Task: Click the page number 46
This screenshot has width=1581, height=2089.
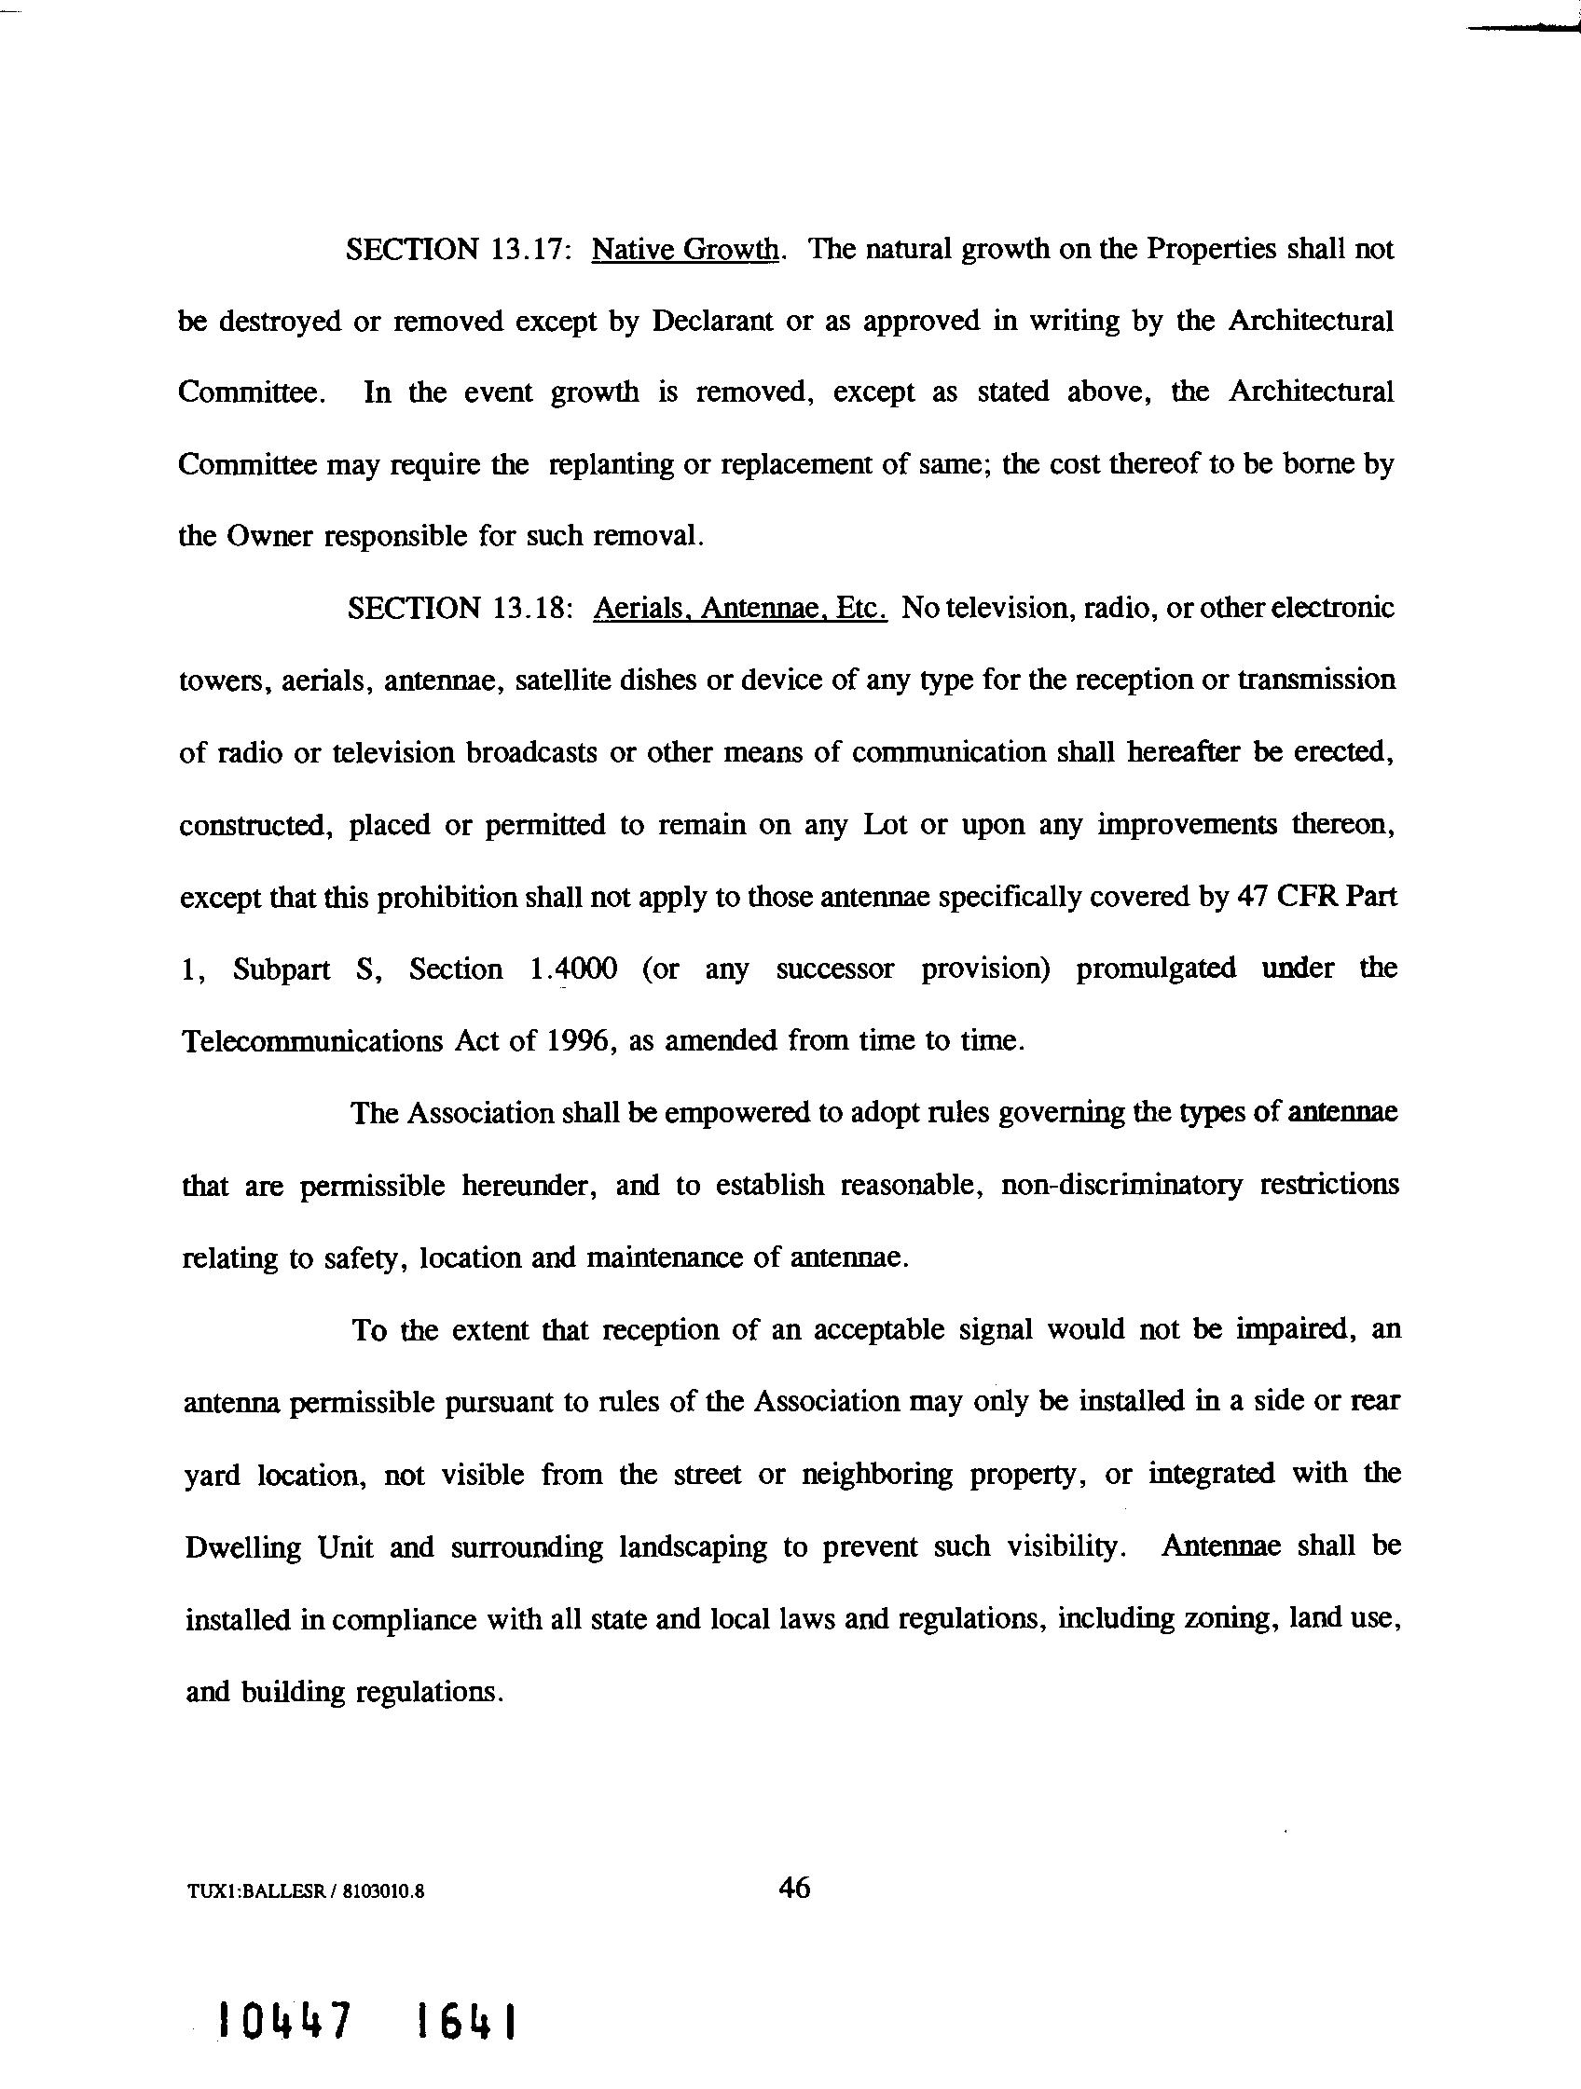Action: pos(793,1888)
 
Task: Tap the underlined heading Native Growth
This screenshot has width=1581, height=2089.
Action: pos(686,250)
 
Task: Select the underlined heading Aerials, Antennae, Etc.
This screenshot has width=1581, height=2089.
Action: pos(739,608)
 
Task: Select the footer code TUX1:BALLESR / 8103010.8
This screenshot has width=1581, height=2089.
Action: pos(304,1891)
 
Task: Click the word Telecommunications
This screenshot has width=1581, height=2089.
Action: pos(309,1040)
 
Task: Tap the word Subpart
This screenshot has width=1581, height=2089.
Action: pos(282,969)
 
